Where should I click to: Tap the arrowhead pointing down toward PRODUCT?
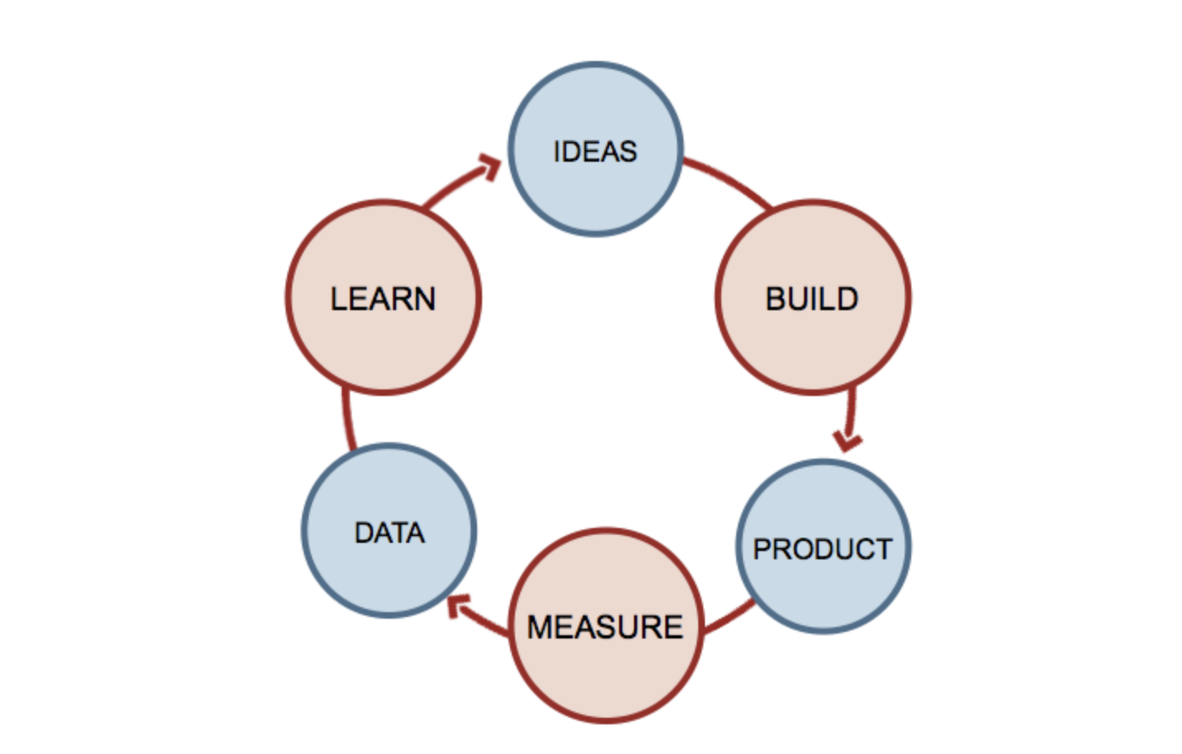coord(847,440)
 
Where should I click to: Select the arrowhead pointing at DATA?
coord(457,606)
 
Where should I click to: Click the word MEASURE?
coord(605,627)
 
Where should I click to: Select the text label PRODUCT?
coord(822,549)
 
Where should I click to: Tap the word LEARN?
coord(383,299)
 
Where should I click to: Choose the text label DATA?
coord(389,533)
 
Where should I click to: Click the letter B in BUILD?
coord(776,299)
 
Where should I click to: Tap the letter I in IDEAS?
coord(557,152)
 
